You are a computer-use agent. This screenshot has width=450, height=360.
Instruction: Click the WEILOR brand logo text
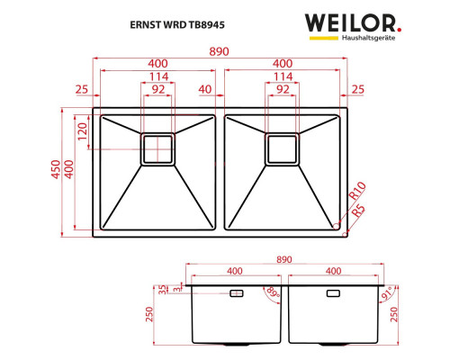pyautogui.click(x=350, y=23)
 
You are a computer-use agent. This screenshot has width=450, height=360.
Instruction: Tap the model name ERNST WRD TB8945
pyautogui.click(x=177, y=24)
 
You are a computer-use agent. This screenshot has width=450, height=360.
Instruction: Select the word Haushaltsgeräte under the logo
pyautogui.click(x=368, y=38)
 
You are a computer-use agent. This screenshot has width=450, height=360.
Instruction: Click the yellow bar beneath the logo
pyautogui.click(x=324, y=38)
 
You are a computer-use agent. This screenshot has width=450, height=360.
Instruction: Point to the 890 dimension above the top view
pyautogui.click(x=219, y=51)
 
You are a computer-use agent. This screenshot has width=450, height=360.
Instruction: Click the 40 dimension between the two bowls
pyautogui.click(x=205, y=89)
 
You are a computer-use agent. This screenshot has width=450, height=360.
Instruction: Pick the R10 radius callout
pyautogui.click(x=357, y=191)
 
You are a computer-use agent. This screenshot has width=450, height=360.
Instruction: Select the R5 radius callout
pyautogui.click(x=358, y=211)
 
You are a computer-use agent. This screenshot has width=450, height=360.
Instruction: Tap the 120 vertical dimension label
pyautogui.click(x=82, y=131)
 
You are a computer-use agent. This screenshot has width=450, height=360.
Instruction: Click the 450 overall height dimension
pyautogui.click(x=56, y=169)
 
